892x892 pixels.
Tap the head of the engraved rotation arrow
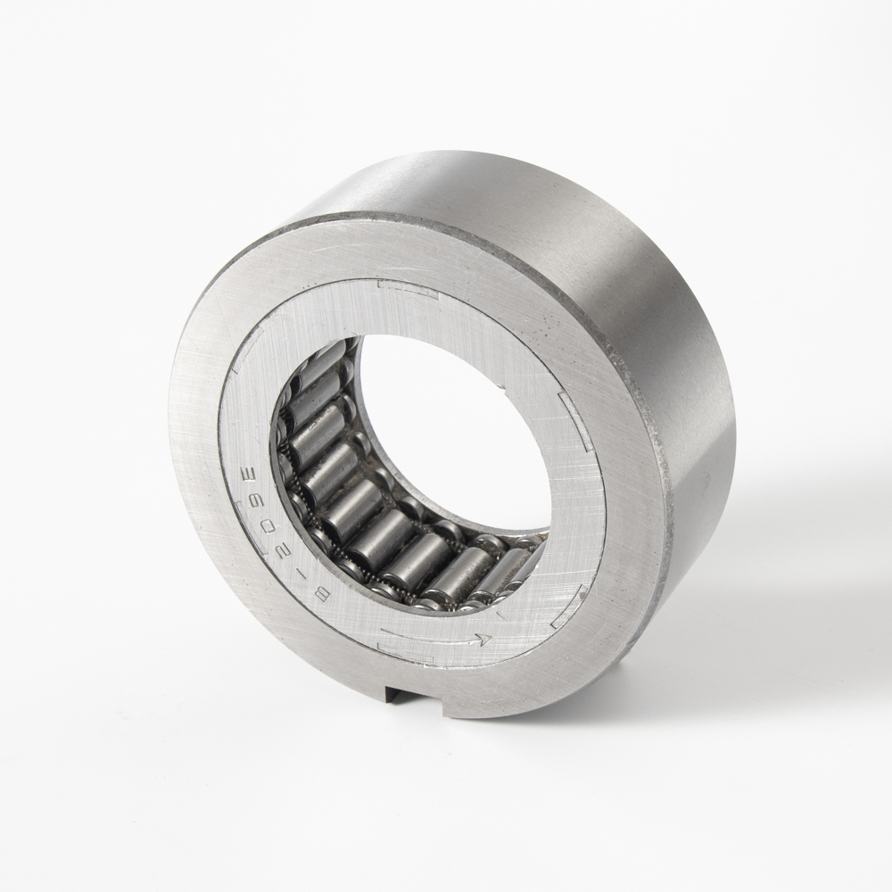point(483,639)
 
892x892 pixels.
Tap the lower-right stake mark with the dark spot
point(571,607)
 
